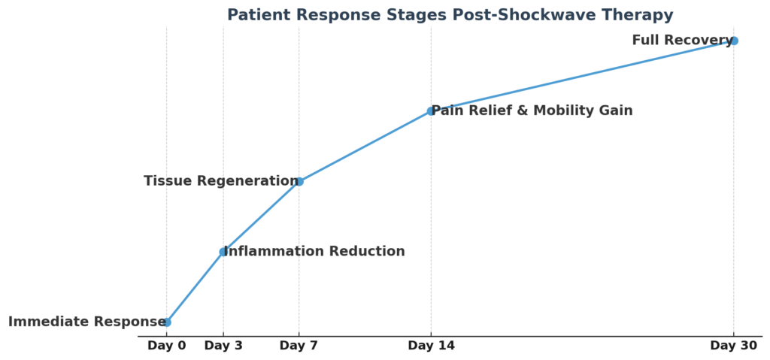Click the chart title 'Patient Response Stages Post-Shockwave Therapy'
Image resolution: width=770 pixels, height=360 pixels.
[450, 15]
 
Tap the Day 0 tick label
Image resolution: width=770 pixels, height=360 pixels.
[166, 346]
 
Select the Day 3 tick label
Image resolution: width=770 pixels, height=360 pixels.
[223, 346]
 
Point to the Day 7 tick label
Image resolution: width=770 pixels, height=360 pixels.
[299, 346]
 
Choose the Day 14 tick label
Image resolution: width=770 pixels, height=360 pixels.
[431, 346]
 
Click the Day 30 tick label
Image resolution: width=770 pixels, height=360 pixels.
[734, 346]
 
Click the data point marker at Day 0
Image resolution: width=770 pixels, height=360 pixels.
[167, 322]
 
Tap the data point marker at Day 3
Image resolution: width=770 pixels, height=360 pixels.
[223, 252]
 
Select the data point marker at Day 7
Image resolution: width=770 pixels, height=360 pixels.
[299, 181]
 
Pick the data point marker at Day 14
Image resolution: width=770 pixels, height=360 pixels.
[431, 111]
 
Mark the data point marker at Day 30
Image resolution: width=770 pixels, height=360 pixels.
[734, 41]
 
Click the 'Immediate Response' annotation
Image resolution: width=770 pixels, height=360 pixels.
[87, 322]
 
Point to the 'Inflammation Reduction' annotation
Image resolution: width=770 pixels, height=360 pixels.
[314, 252]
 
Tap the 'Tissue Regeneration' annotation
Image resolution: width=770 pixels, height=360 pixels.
[221, 180]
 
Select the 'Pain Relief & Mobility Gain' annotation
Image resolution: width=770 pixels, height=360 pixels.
[532, 110]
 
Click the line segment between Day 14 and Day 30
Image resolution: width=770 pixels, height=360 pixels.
[583, 76]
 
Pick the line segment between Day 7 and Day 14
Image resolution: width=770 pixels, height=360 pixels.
[365, 147]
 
